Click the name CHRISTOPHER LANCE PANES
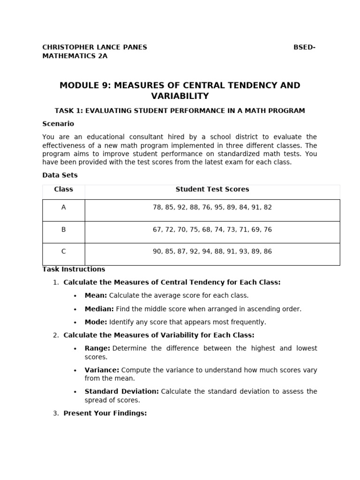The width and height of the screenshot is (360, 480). click(x=94, y=47)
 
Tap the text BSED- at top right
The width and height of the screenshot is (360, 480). click(x=304, y=47)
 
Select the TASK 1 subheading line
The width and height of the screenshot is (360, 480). click(x=180, y=111)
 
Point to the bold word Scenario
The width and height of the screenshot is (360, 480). click(x=58, y=124)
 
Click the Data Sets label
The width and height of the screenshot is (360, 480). click(x=60, y=175)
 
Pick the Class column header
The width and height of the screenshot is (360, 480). click(x=63, y=189)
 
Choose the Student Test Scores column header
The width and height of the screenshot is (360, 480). click(x=212, y=189)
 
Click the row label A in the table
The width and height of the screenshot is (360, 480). click(x=63, y=207)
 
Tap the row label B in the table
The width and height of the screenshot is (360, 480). click(x=63, y=230)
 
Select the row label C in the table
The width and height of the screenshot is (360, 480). click(x=63, y=251)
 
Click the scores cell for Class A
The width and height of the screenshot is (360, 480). click(x=212, y=207)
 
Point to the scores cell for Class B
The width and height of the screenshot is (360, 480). click(x=212, y=230)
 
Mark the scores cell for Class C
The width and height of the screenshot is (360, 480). click(x=212, y=251)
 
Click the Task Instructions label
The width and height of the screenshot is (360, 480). click(x=74, y=269)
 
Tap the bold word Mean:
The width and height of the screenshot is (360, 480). click(x=96, y=296)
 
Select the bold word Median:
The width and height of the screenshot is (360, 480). click(x=99, y=309)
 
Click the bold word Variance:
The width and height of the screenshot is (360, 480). click(x=102, y=370)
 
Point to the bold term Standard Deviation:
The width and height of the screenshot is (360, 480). click(x=121, y=391)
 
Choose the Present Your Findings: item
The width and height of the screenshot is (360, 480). click(x=105, y=413)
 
